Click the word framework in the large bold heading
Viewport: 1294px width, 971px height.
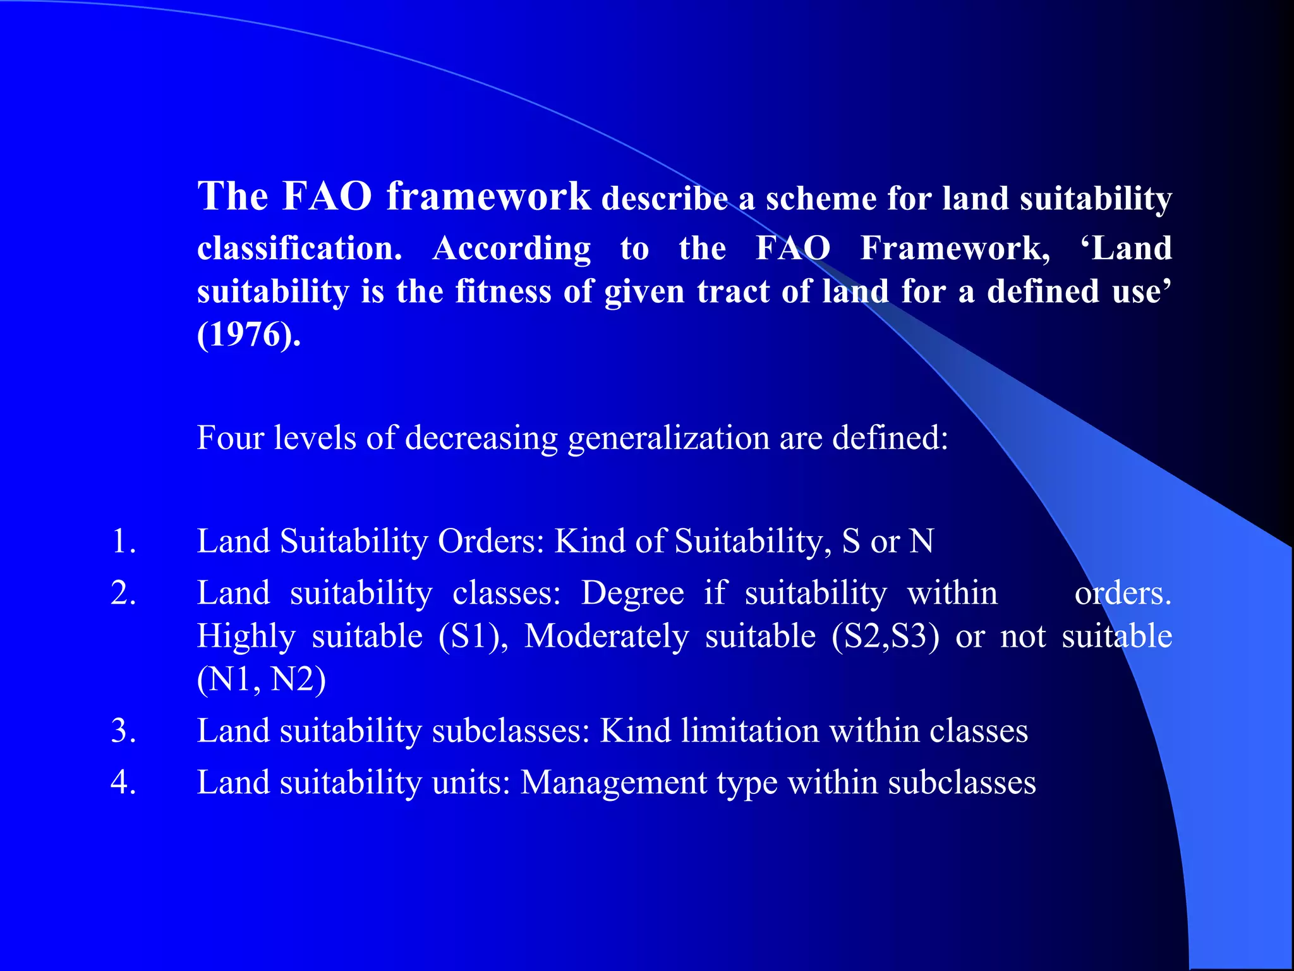(x=488, y=197)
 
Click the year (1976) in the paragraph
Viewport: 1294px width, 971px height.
(x=248, y=334)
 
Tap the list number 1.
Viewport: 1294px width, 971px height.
(x=123, y=542)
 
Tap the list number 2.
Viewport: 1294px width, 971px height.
(x=123, y=594)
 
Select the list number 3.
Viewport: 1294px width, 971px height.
(x=123, y=731)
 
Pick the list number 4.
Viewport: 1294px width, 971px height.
(x=123, y=783)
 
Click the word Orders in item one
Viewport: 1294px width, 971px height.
(x=491, y=542)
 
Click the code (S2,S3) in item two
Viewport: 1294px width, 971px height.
(x=885, y=637)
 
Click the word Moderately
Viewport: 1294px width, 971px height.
(x=607, y=637)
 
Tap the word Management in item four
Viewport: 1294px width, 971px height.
(x=614, y=783)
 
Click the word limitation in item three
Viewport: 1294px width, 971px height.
(x=751, y=731)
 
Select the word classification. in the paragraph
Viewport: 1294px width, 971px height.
(x=299, y=248)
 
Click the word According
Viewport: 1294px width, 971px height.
(x=512, y=248)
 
